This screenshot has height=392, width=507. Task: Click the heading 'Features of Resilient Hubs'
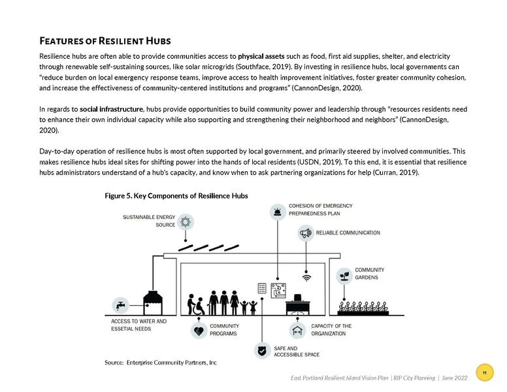coord(107,41)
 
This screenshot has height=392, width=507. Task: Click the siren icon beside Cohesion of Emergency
coord(278,211)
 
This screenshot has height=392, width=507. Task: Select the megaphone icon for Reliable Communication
coord(305,233)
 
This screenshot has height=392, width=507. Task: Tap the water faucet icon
coord(120,305)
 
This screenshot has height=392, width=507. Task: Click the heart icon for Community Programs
coord(199,331)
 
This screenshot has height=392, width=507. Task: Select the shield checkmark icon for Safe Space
coord(262,351)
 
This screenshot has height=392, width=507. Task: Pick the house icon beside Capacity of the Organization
coord(299,330)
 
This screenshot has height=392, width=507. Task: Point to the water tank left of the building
coord(154,303)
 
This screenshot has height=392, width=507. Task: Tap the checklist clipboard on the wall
coord(262,288)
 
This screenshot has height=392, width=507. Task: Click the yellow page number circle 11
coord(484,372)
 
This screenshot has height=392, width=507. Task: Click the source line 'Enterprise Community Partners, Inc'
coord(161,362)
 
